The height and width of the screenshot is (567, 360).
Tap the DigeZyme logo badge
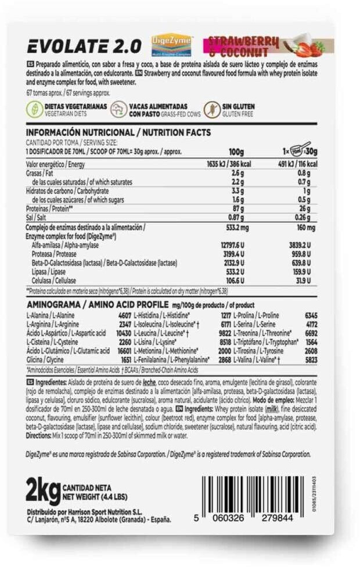coord(171,44)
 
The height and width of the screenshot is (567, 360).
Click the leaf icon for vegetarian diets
coord(34,110)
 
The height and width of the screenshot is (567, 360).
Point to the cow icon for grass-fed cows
coord(120,110)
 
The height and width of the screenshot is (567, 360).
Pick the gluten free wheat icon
coord(213,110)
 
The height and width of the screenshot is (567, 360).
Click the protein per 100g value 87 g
coord(236,207)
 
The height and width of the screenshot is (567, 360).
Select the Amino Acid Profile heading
coord(96,305)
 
